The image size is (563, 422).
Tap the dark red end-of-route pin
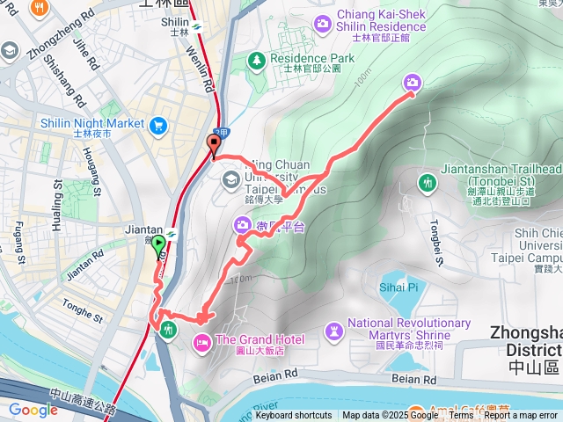click(213, 145)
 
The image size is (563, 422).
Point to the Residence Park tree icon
click(256, 60)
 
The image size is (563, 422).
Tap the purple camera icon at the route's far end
click(412, 83)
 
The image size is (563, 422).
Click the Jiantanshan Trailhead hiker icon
click(428, 183)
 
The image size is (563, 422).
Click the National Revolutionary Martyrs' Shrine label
click(409, 329)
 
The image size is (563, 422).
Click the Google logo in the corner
click(33, 410)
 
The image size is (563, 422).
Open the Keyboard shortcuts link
click(294, 416)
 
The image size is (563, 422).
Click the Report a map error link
click(521, 416)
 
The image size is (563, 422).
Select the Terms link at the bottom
click(461, 416)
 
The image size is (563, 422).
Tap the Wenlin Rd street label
click(201, 69)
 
